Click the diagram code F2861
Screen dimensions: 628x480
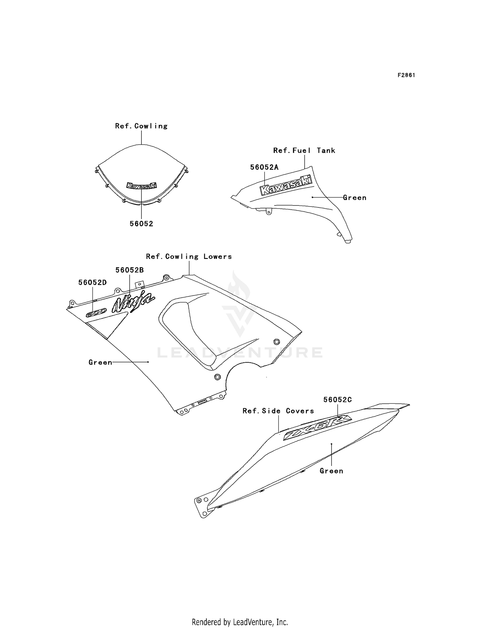tap(406, 76)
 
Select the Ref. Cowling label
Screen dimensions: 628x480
tap(141, 126)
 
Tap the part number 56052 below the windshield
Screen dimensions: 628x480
tap(141, 224)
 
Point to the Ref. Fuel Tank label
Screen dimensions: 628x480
tap(304, 151)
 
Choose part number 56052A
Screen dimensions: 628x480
tap(264, 167)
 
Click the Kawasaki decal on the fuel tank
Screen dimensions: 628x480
tap(286, 185)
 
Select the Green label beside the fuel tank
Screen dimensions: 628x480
tap(355, 198)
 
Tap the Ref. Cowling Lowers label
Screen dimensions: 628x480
tap(189, 257)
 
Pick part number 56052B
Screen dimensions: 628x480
tap(130, 270)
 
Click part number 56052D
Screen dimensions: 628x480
tap(92, 282)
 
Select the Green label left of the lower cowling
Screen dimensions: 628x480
tap(100, 362)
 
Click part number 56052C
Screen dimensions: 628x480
tap(338, 400)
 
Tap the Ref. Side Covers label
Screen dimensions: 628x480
tap(278, 411)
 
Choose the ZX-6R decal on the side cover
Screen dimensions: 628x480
tap(317, 428)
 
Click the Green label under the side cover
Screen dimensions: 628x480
tap(332, 471)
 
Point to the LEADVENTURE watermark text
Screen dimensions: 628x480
tap(240, 352)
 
